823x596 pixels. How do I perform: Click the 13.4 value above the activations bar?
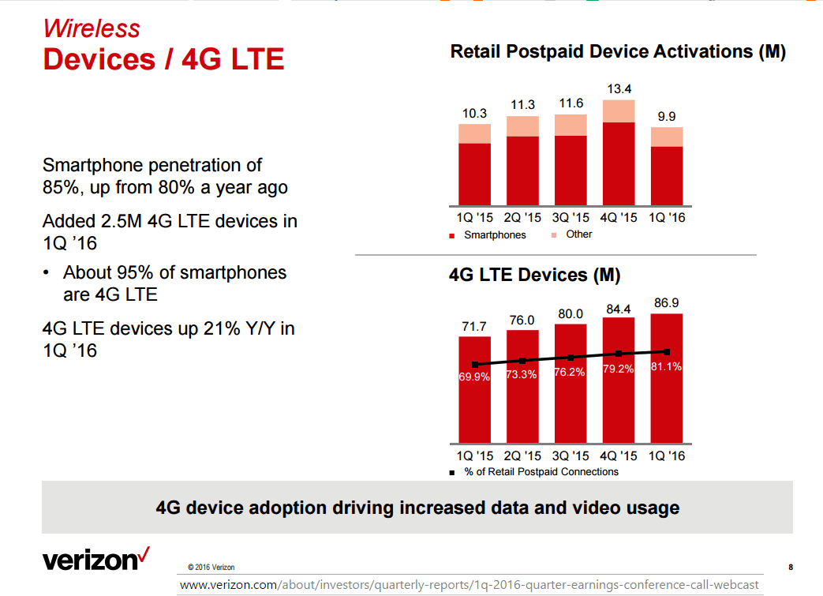tap(619, 89)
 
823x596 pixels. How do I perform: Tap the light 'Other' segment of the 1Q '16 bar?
tap(667, 137)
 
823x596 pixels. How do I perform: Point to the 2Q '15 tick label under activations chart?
tap(522, 217)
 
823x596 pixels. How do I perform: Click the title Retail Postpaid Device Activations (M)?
tap(618, 52)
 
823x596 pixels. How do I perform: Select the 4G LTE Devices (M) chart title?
tap(534, 276)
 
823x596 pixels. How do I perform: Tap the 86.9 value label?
tap(667, 302)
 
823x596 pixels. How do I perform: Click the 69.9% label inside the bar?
tap(474, 377)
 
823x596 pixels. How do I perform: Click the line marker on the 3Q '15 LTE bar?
tap(570, 357)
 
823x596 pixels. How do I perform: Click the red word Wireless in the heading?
tap(92, 28)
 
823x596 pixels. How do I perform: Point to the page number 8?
tap(791, 567)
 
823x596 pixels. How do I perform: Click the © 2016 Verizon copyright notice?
tap(211, 567)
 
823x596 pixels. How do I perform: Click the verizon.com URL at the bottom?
tap(469, 585)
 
